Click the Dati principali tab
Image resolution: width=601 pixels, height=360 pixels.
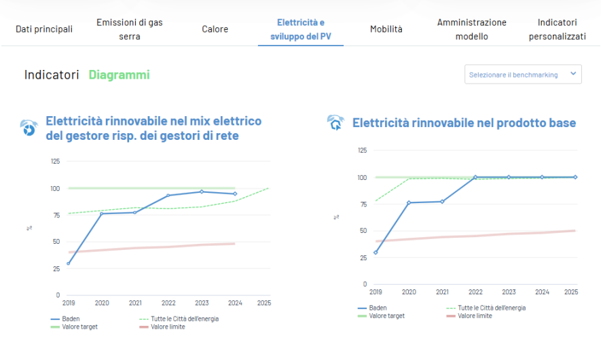pyautogui.click(x=44, y=29)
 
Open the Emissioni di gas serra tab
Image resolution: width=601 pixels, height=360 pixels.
pyautogui.click(x=130, y=29)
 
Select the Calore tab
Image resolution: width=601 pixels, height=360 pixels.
pyautogui.click(x=215, y=29)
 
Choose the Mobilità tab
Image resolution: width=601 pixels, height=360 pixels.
pyautogui.click(x=386, y=29)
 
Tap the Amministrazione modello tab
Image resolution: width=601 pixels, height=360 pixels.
pyautogui.click(x=472, y=29)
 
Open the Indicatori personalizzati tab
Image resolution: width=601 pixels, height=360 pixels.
pyautogui.click(x=558, y=29)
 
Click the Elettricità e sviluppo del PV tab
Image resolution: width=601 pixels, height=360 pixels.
pyautogui.click(x=301, y=29)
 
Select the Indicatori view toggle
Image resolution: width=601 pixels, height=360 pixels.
pyautogui.click(x=52, y=75)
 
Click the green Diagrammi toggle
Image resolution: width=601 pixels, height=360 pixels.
pyautogui.click(x=120, y=75)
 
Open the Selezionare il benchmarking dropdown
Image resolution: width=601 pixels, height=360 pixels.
pyautogui.click(x=523, y=75)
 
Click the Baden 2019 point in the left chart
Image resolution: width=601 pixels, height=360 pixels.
pyautogui.click(x=69, y=264)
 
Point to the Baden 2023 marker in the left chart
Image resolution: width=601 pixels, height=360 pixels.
pyautogui.click(x=202, y=192)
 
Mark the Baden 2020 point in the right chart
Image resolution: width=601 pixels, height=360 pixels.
pyautogui.click(x=409, y=202)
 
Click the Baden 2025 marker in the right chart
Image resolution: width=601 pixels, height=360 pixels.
pyautogui.click(x=575, y=177)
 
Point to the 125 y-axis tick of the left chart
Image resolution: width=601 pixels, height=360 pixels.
pyautogui.click(x=55, y=162)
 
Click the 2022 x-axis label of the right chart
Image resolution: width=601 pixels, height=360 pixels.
pyautogui.click(x=475, y=292)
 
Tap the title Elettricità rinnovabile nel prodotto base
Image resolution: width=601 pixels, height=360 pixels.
pyautogui.click(x=464, y=123)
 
